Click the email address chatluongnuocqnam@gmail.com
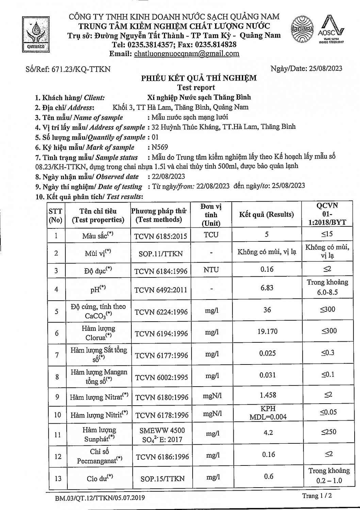pos(186,54)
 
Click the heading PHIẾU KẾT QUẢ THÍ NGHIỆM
pos(199,78)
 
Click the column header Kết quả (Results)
pos(266,215)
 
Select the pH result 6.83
pos(267,288)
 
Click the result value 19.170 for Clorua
pos(267,331)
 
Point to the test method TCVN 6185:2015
pos(161,236)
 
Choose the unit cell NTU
pos(211,270)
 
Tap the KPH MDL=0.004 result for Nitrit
pos(268,413)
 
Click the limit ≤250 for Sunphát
pos(328,432)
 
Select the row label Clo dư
pos(99,478)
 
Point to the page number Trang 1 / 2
pos(317,496)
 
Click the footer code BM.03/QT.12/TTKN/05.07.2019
pos(100,498)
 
